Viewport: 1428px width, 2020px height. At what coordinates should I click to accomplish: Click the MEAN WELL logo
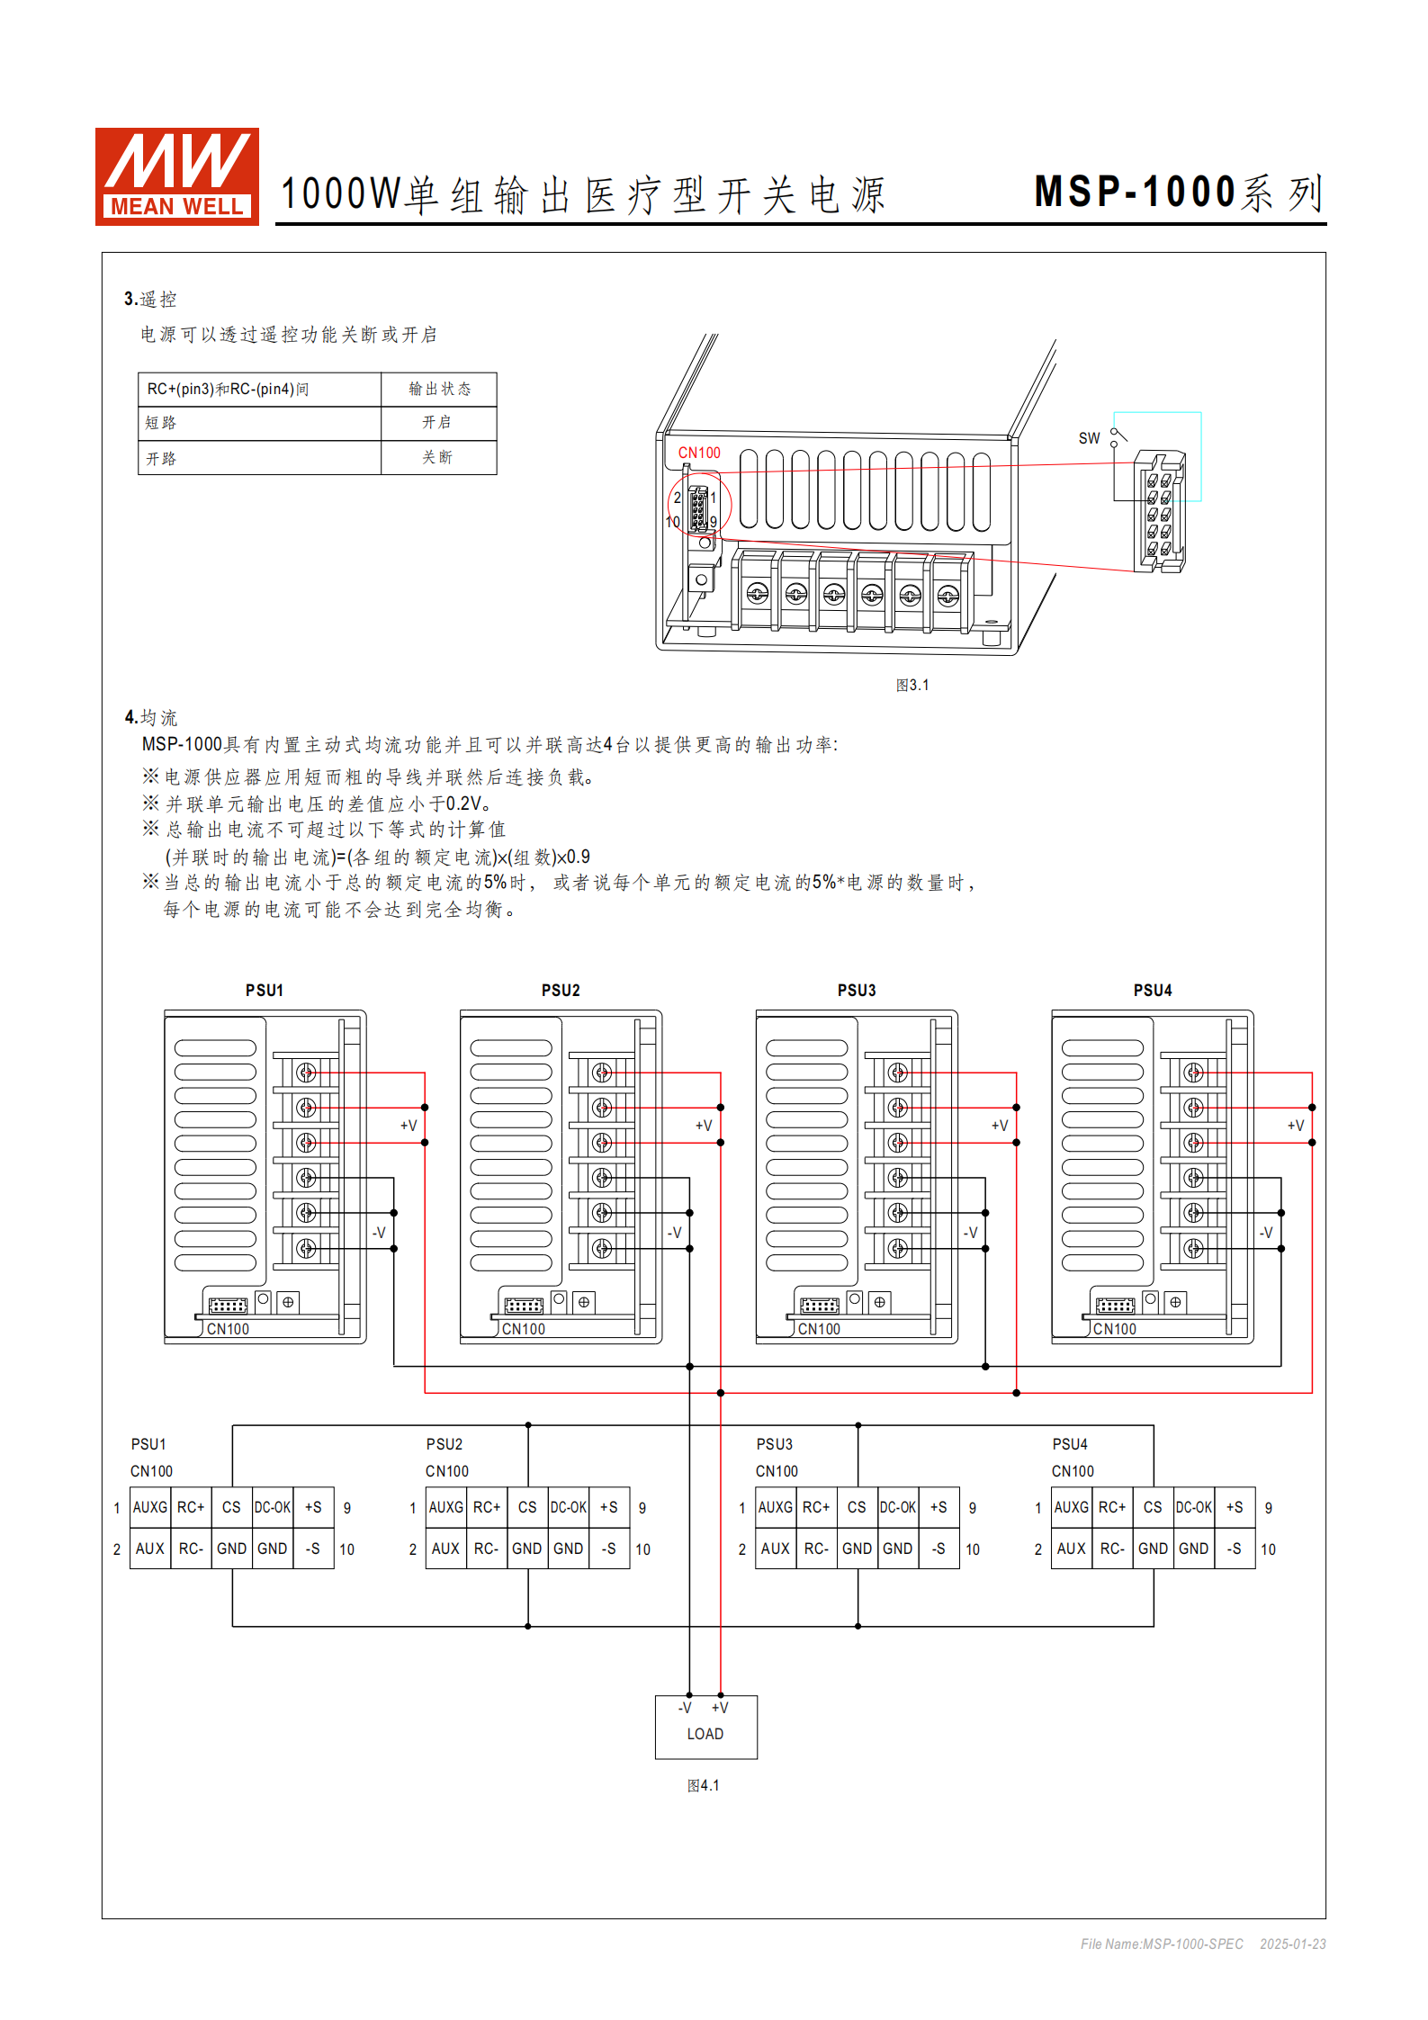[x=177, y=176]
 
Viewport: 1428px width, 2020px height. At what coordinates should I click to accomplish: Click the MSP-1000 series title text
[x=1179, y=193]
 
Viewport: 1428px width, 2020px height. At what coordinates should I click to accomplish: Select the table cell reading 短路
[x=259, y=423]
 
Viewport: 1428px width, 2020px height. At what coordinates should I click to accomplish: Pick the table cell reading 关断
[x=438, y=457]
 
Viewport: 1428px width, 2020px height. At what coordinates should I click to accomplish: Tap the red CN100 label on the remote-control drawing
[x=699, y=453]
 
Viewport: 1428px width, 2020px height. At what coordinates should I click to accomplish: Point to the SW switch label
[x=1089, y=438]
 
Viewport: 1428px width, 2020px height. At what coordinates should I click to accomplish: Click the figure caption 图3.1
[x=912, y=685]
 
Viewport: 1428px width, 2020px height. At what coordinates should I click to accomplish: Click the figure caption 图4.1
[x=703, y=1785]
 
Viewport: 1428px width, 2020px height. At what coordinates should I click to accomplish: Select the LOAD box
[x=705, y=1727]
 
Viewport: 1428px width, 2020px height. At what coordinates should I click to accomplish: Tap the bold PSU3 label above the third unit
[x=856, y=990]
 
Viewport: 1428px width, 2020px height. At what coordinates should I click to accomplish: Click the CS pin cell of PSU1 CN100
[x=231, y=1507]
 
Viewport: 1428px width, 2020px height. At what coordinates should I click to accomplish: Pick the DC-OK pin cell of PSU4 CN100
[x=1194, y=1507]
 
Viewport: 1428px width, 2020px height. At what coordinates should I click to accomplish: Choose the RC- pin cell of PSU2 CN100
[x=486, y=1549]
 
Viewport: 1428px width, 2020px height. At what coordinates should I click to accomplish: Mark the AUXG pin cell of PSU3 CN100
[x=775, y=1507]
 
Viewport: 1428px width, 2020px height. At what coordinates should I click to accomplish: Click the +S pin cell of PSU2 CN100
[x=609, y=1507]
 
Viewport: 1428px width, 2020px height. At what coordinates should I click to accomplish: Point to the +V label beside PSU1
[x=409, y=1126]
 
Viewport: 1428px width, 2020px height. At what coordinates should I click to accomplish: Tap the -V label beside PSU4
[x=1266, y=1233]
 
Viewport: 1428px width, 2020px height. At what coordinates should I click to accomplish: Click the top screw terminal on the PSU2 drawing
[x=602, y=1073]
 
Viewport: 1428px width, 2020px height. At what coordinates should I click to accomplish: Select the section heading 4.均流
[x=151, y=717]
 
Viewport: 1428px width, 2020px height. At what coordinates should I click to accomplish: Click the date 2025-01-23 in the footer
[x=1292, y=1944]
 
